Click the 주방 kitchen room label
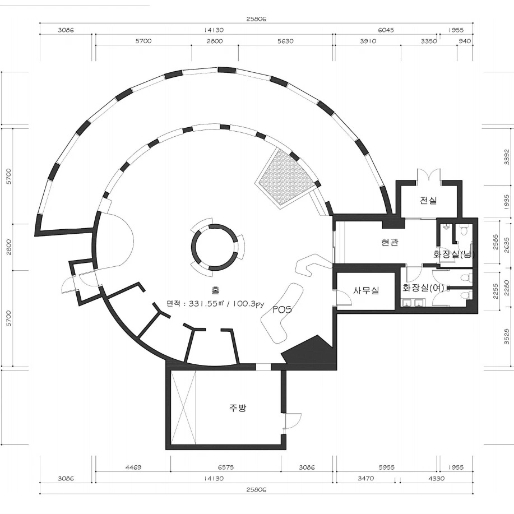point(237,408)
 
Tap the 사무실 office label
point(366,290)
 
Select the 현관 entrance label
point(390,242)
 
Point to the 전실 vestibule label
point(428,200)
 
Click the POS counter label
point(282,309)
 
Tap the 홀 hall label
point(215,290)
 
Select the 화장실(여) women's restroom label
point(423,288)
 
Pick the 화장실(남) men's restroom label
point(454,254)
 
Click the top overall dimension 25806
point(256,18)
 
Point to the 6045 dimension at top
point(386,30)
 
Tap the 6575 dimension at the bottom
point(226,467)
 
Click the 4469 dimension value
point(133,467)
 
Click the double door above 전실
point(428,174)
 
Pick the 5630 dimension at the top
point(285,41)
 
